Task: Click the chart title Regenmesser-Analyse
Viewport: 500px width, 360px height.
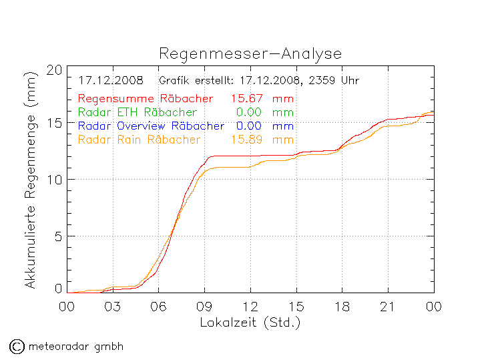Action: tap(250, 54)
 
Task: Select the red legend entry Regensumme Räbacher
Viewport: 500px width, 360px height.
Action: tap(145, 99)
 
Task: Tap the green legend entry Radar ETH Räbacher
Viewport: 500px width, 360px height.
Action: tap(137, 112)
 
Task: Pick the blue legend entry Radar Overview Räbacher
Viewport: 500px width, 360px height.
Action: tap(151, 126)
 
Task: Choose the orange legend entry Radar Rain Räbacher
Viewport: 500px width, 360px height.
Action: tap(139, 140)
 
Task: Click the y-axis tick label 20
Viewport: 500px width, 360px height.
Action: tap(55, 69)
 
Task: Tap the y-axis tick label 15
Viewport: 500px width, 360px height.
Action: tap(55, 124)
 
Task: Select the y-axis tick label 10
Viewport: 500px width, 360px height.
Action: tap(55, 180)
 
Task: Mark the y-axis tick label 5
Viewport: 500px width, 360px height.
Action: tap(58, 236)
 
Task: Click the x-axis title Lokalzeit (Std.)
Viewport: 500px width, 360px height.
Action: tap(250, 322)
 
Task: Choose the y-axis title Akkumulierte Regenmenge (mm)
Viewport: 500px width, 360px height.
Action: tap(29, 180)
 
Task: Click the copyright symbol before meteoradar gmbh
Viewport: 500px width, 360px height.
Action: tap(16, 346)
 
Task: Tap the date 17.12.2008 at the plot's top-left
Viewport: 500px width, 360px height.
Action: tap(110, 81)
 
